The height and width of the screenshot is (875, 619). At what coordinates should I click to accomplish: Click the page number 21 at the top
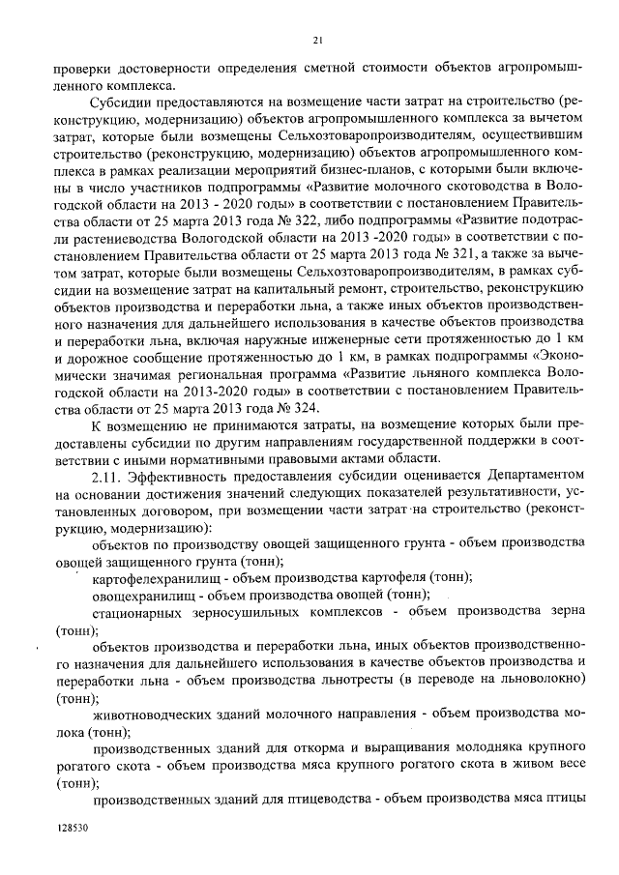click(x=316, y=40)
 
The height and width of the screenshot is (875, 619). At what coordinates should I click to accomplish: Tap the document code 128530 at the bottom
click(x=73, y=829)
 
